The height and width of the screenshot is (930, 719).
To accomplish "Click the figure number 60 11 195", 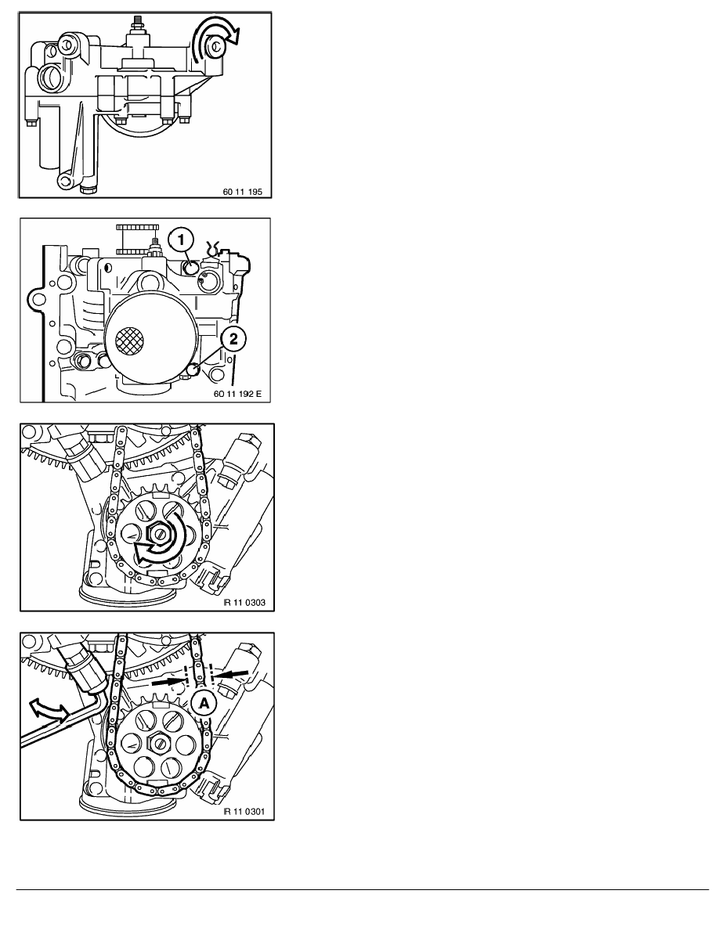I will click(x=244, y=188).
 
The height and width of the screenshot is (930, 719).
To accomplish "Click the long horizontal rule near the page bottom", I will click(x=360, y=889).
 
